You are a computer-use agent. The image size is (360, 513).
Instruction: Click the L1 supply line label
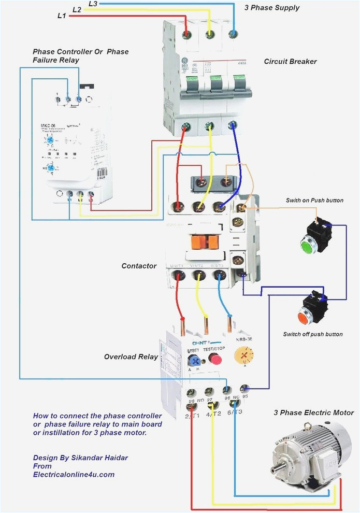[x=62, y=16]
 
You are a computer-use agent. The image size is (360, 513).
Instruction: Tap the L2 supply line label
[x=77, y=9]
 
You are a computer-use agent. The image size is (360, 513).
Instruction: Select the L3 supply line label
[x=93, y=4]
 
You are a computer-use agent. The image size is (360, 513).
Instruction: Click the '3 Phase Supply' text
[x=272, y=8]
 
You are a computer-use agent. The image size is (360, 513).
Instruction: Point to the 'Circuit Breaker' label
[x=290, y=62]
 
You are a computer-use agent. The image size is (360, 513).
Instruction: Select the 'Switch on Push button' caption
[x=314, y=201]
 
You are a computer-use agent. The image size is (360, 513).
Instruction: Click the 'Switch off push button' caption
[x=312, y=334]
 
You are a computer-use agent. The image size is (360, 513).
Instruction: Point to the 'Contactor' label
[x=139, y=266]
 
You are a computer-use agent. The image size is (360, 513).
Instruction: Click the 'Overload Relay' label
[x=131, y=357]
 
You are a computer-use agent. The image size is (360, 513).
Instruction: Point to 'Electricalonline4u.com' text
[x=74, y=474]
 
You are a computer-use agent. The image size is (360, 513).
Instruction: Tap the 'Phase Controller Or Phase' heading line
[x=80, y=52]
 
